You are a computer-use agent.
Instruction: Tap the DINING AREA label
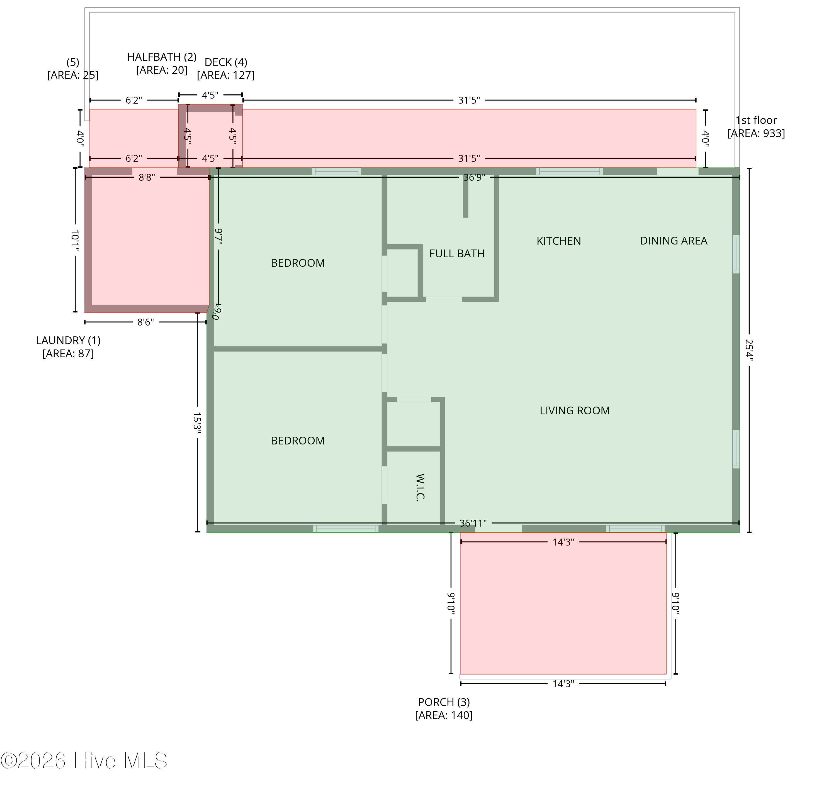(674, 241)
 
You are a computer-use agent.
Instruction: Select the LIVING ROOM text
(575, 410)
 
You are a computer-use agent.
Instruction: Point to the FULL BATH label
(457, 254)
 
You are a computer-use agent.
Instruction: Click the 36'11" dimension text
(473, 523)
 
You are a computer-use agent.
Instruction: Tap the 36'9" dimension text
(474, 177)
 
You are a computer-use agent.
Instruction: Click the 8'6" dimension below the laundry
(145, 322)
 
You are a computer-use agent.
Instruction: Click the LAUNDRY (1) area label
(68, 347)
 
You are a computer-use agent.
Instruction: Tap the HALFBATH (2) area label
(162, 63)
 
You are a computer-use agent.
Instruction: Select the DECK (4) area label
(226, 69)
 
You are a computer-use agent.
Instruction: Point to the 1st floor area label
(756, 127)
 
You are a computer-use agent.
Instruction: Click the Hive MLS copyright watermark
(84, 761)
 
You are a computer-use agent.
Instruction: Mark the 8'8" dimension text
(147, 177)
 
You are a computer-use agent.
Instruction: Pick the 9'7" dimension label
(218, 236)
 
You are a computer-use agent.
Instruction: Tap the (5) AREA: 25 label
(73, 69)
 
